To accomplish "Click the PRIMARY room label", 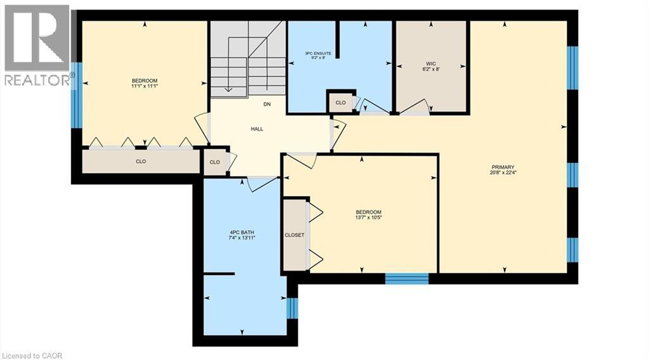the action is tap(503, 167).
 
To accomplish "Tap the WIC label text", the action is tap(431, 64).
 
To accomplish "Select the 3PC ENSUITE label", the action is tap(318, 53).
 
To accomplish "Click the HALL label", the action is tap(257, 129).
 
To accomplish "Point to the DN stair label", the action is tap(267, 105).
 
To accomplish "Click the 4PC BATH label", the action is tap(241, 233).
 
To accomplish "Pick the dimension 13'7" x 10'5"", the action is tap(368, 217).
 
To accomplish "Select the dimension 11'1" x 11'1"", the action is tap(145, 86).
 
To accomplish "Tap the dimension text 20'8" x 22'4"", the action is tap(503, 173).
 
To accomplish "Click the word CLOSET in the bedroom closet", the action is tap(294, 235).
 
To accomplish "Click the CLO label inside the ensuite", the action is tap(340, 103).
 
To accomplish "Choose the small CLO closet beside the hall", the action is tap(215, 162).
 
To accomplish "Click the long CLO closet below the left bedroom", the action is tap(141, 162).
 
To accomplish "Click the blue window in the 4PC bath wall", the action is tap(292, 308).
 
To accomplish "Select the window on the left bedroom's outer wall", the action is tap(77, 95).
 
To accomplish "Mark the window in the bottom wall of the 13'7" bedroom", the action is tap(407, 278).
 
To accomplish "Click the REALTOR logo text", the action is tap(37, 80).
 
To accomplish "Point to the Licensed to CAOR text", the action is tap(33, 356).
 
